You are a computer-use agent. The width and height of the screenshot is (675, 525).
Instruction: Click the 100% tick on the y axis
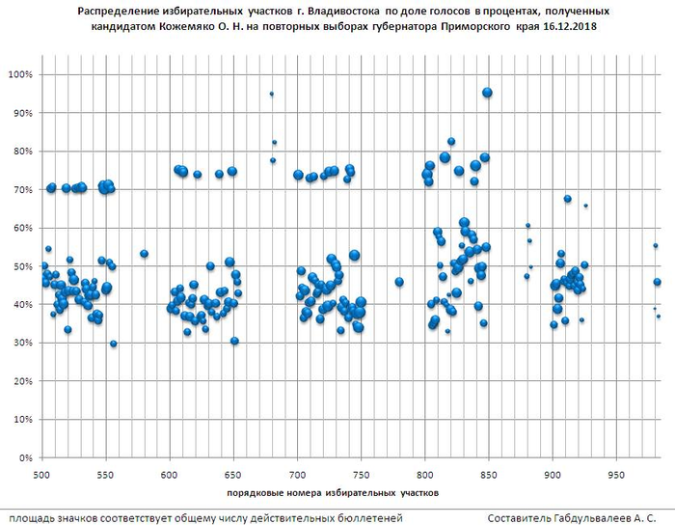[x=20, y=74]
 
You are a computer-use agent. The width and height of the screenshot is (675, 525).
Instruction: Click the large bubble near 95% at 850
[x=488, y=93]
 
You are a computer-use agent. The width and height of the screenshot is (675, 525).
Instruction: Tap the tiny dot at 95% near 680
[x=272, y=94]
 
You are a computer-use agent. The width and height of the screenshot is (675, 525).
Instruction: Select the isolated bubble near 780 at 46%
[x=399, y=282]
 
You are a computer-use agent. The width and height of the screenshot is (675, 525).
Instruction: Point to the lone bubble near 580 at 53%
[x=144, y=254]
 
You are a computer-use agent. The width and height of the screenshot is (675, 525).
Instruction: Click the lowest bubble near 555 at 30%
[x=114, y=344]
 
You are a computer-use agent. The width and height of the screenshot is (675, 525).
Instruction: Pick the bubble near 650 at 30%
[x=234, y=341]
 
